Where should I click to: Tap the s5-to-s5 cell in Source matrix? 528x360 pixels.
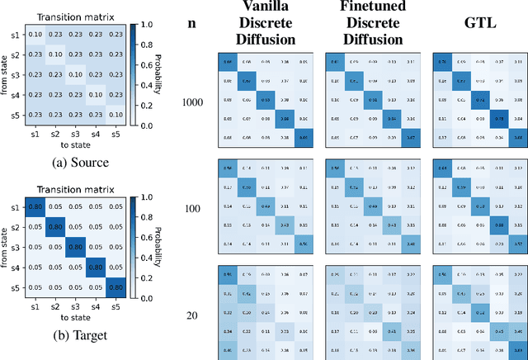[x=115, y=114]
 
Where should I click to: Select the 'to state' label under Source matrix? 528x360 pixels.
[x=75, y=140]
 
